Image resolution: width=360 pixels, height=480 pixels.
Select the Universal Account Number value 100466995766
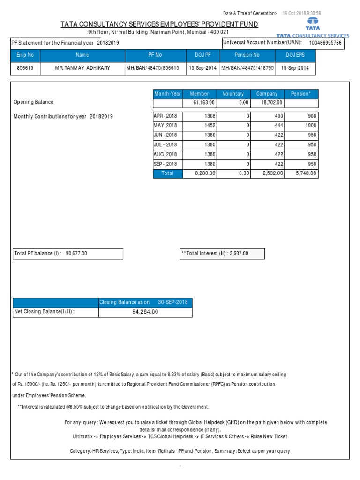click(326, 43)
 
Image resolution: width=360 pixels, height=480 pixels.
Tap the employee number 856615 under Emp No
click(26, 68)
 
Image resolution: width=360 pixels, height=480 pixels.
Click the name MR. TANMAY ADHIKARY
click(82, 68)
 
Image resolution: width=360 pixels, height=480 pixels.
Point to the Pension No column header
click(247, 55)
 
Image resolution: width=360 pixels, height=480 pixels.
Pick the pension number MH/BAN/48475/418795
click(247, 68)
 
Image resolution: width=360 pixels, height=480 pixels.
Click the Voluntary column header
click(233, 94)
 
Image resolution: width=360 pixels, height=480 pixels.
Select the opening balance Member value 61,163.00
click(203, 102)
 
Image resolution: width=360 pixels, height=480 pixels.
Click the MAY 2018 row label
click(165, 126)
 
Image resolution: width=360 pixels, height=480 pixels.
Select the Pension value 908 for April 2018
click(312, 116)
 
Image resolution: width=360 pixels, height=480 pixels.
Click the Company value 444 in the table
click(277, 126)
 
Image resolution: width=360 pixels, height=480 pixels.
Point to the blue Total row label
click(167, 173)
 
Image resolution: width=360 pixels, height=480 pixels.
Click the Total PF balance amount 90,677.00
click(76, 254)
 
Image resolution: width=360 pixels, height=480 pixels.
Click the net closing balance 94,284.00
click(145, 312)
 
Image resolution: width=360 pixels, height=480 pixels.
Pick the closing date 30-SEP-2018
click(172, 302)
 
